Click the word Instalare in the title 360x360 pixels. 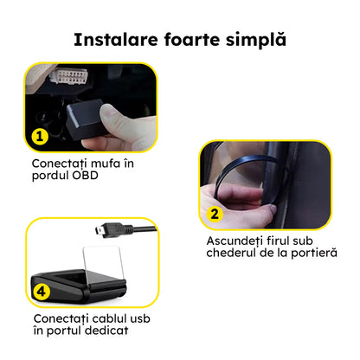(112, 40)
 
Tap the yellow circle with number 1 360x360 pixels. (39, 136)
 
